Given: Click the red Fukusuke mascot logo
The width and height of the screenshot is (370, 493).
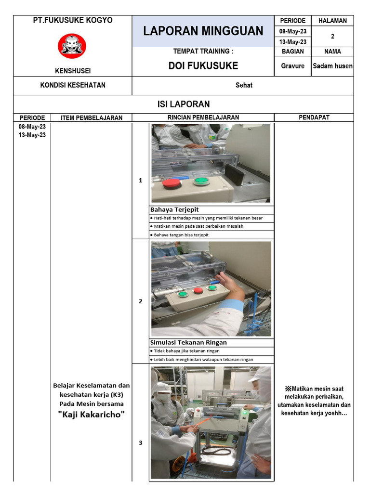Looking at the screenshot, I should (x=72, y=46).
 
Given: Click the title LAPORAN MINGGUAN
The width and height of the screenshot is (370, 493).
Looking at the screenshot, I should (x=203, y=31).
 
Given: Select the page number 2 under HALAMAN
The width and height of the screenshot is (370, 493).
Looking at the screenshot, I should (x=332, y=36).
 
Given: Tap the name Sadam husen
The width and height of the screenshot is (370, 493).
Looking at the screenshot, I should (x=332, y=66).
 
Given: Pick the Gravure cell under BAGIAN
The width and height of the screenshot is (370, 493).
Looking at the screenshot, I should (x=292, y=66).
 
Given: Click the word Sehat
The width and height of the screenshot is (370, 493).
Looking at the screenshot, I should (x=244, y=85).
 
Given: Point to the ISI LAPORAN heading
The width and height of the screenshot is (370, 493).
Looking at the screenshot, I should (x=184, y=104).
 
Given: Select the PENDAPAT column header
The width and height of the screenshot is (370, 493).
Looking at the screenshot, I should (x=314, y=117).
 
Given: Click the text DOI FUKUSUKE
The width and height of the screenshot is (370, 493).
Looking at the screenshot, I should (x=203, y=66).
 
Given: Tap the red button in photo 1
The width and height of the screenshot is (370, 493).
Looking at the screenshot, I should (x=171, y=182).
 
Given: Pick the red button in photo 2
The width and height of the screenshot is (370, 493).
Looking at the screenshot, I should (x=198, y=290).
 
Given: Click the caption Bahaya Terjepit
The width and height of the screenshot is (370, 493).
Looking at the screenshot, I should (x=174, y=209).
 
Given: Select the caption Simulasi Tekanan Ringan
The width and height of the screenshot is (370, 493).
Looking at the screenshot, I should (x=188, y=342).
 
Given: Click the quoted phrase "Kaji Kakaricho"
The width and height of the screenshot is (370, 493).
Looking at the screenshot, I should (x=91, y=414).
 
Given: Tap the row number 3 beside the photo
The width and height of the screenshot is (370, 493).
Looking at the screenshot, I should (x=140, y=443).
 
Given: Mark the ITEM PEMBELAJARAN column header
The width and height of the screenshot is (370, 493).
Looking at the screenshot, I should (x=91, y=117).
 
